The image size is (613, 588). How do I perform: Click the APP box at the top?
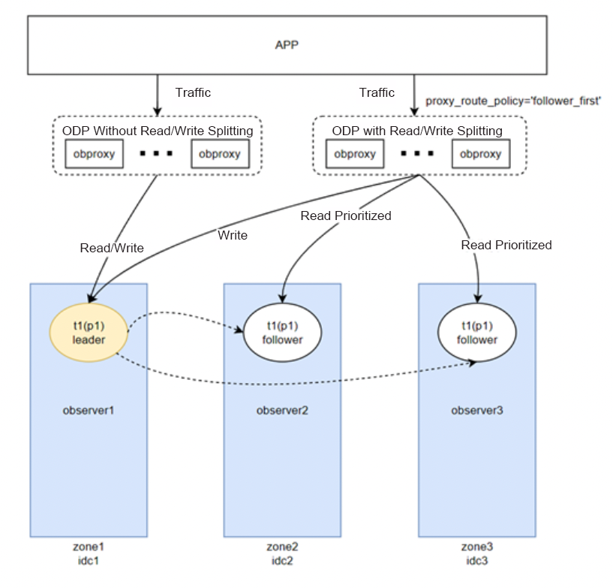(287, 45)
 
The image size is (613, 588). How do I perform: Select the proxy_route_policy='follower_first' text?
(513, 101)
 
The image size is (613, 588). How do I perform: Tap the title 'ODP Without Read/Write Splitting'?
(158, 131)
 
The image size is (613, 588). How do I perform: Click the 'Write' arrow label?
(233, 235)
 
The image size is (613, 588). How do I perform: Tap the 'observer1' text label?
(89, 411)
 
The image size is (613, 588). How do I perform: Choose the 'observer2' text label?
(282, 411)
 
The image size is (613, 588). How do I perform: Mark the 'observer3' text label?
(476, 411)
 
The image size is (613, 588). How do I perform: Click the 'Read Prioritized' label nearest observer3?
(506, 245)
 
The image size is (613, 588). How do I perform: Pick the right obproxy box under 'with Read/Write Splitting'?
(480, 154)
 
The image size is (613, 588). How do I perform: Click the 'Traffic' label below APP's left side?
(193, 93)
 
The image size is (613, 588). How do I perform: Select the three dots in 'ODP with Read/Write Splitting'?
(417, 153)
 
